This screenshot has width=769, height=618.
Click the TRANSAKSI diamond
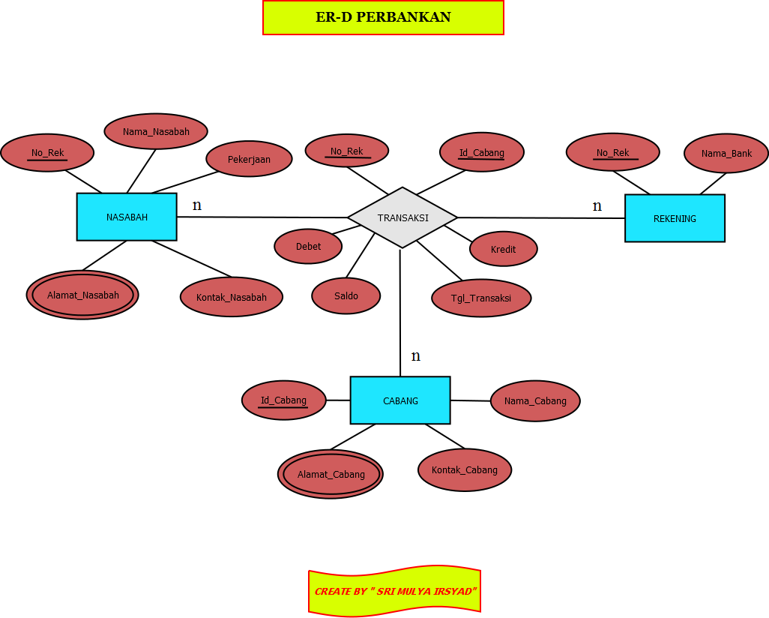tap(402, 217)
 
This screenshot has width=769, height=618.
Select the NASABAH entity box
tap(127, 217)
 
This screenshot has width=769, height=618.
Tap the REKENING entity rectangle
tap(675, 218)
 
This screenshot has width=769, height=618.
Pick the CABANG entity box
tap(400, 400)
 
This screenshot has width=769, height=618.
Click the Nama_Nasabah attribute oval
tap(156, 131)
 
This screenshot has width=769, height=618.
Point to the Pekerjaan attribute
tap(249, 159)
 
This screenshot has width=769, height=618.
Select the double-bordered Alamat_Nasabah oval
tap(82, 295)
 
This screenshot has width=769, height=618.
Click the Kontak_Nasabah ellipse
tap(232, 297)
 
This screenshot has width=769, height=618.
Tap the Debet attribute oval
tap(308, 246)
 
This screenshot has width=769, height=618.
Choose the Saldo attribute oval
tap(346, 295)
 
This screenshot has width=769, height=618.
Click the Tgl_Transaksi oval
tap(481, 298)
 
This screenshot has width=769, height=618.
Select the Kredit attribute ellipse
tap(504, 249)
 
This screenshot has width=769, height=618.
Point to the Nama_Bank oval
tap(726, 153)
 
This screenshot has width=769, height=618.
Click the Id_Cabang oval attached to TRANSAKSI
tap(482, 152)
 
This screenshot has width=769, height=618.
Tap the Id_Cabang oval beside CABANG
tap(284, 400)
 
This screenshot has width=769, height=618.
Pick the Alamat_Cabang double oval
tap(331, 474)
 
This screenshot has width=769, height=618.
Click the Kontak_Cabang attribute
tap(465, 470)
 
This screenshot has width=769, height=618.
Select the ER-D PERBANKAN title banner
tap(383, 17)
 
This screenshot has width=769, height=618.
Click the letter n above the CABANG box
tap(416, 355)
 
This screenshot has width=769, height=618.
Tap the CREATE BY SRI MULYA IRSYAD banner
tap(394, 591)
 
